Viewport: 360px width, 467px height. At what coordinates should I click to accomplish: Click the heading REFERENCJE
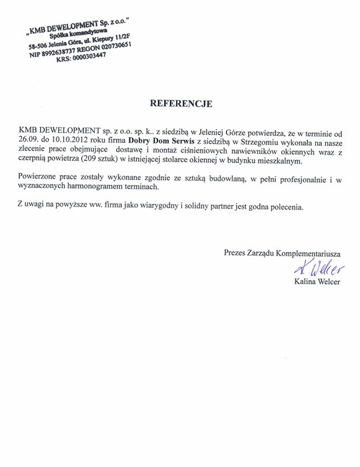pyautogui.click(x=181, y=103)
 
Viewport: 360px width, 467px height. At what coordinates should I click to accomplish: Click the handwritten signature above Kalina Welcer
pyautogui.click(x=321, y=268)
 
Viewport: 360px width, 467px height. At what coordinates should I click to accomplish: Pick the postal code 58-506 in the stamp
pyautogui.click(x=41, y=47)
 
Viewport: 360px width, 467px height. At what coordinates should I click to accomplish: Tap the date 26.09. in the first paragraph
pyautogui.click(x=29, y=142)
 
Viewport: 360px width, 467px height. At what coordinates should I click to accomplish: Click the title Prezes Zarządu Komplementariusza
pyautogui.click(x=283, y=254)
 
